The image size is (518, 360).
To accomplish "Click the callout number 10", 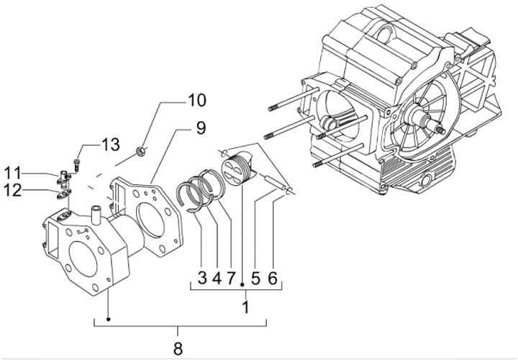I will click(x=176, y=99).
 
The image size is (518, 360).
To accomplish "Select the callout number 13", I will click(x=109, y=145).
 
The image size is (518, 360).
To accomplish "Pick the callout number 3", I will click(x=202, y=277).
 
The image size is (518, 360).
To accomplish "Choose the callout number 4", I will click(x=217, y=277).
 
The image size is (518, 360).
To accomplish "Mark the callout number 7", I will click(x=231, y=277).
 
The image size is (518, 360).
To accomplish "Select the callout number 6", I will click(x=272, y=277).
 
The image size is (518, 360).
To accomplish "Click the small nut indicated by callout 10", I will click(x=142, y=151).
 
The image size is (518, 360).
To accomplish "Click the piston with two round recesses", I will click(x=235, y=171).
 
